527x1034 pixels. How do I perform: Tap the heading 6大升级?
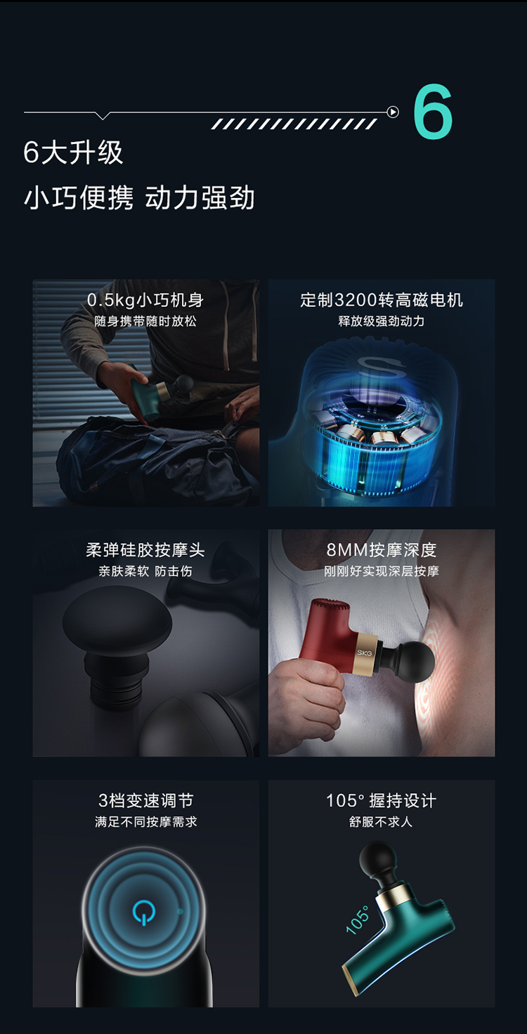coord(74,153)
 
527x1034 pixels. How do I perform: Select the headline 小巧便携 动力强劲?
coord(139,197)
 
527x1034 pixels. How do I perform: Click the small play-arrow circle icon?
coord(393,112)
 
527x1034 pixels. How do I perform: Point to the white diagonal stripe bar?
coord(294,124)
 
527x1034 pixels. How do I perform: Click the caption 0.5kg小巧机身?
coord(145,300)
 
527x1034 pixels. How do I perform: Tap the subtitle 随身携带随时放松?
coord(145,321)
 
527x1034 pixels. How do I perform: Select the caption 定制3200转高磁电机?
coord(382,300)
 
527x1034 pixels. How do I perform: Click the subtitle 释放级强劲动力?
coord(382,321)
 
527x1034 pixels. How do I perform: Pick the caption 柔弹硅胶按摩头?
coord(145,550)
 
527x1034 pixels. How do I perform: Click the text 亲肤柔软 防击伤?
coord(145,572)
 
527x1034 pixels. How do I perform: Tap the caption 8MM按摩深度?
coord(382,550)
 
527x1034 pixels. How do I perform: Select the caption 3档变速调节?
coord(145,800)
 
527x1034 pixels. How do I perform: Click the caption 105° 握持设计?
coord(382,800)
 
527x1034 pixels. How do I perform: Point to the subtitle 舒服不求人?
coord(382,822)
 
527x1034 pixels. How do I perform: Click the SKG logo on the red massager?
coord(365,653)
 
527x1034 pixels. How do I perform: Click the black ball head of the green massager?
coord(378,859)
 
